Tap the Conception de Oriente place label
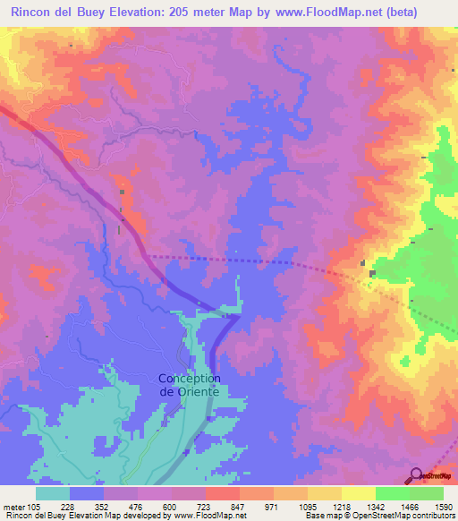190,384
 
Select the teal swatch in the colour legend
53,492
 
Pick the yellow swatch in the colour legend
358,492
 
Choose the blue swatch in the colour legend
87,492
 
